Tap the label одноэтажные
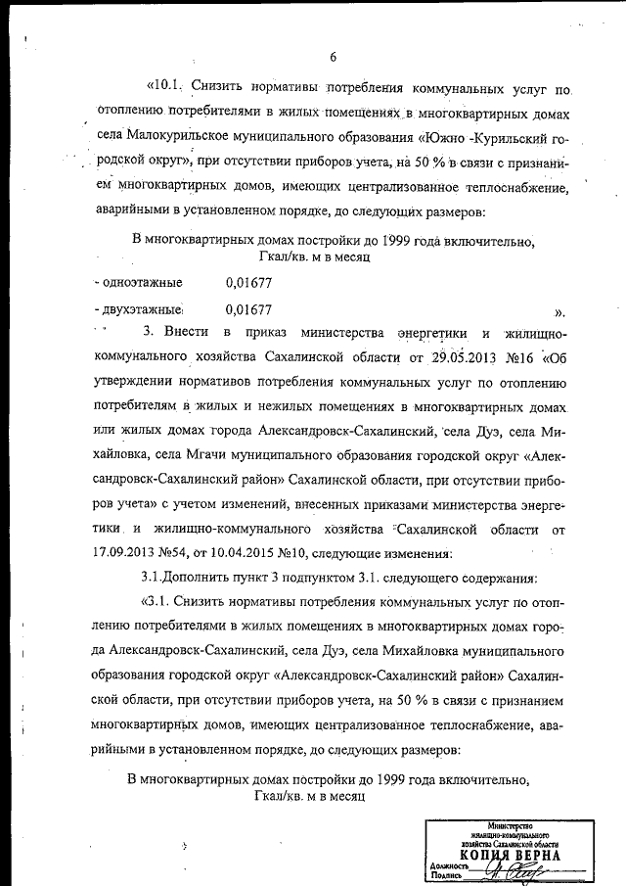coord(140,283)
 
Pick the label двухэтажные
coord(140,309)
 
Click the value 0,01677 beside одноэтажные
coord(247,283)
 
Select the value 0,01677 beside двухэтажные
coord(247,309)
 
